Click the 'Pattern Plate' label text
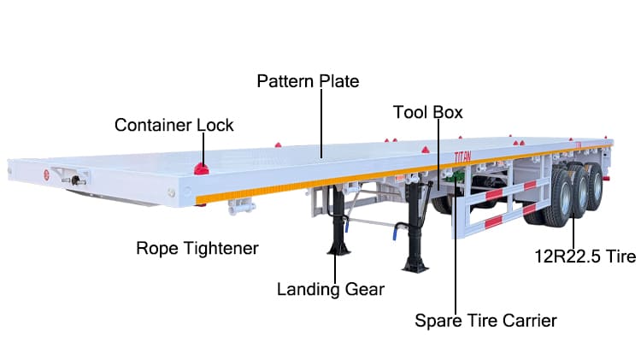[308, 81]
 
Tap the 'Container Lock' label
[174, 125]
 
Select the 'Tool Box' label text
[427, 112]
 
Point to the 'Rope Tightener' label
[197, 248]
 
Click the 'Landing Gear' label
[330, 289]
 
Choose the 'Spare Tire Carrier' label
[485, 321]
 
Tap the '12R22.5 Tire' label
[585, 256]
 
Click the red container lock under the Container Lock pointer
[202, 167]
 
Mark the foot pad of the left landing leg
[338, 251]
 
